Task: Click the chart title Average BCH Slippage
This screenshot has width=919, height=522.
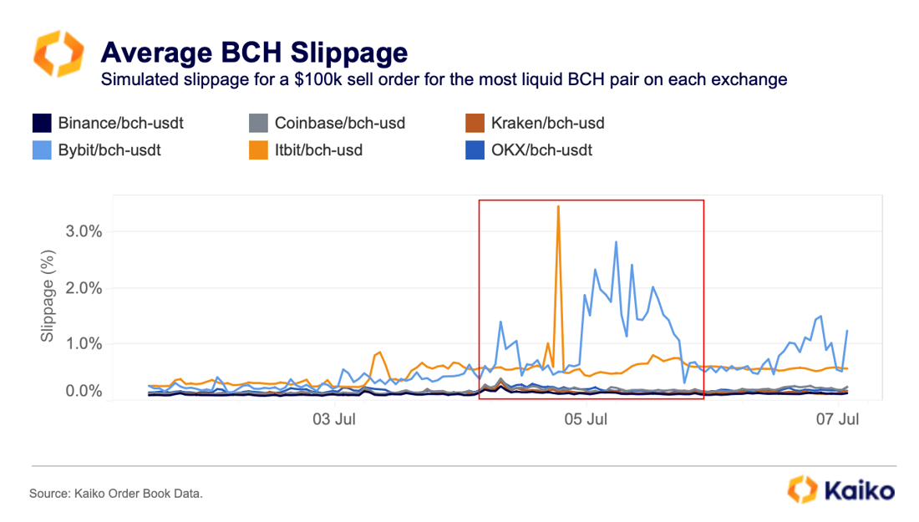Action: click(x=253, y=53)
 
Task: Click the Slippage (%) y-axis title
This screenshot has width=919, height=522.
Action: click(x=48, y=299)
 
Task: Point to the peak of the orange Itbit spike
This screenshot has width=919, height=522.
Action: click(x=558, y=206)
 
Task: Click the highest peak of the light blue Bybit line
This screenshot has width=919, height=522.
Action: click(x=616, y=242)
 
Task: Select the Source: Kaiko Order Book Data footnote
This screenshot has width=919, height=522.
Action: click(x=116, y=494)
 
